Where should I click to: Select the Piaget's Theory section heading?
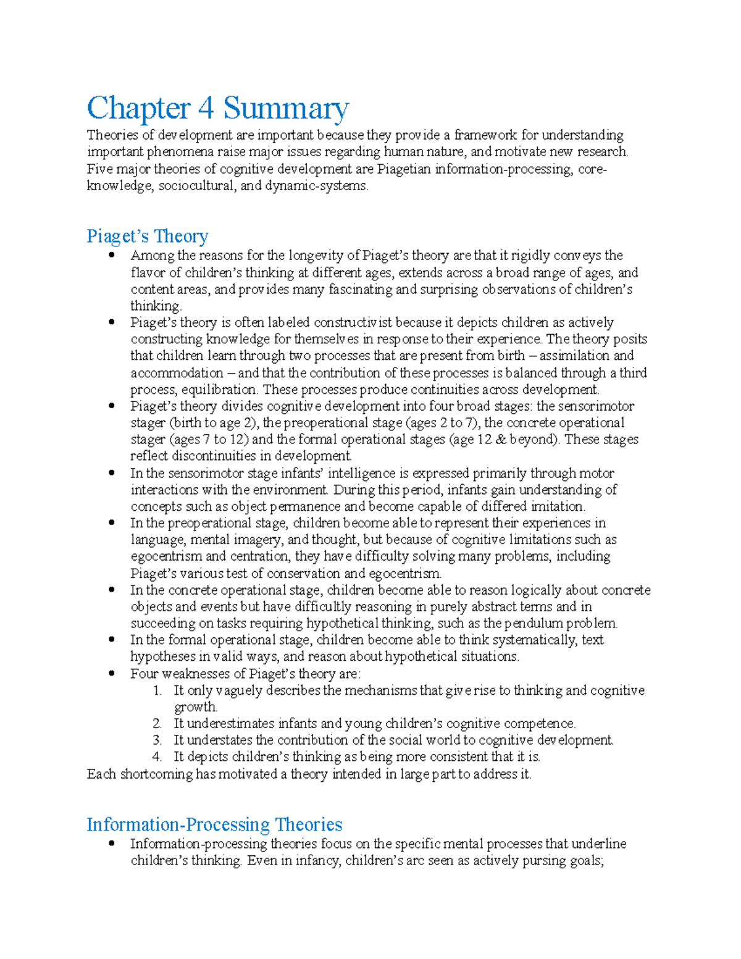click(x=147, y=236)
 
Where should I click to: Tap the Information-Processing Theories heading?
click(x=214, y=824)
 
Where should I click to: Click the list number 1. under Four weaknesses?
click(x=157, y=690)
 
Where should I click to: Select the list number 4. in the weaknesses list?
click(x=157, y=757)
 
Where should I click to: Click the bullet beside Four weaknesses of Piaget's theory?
click(x=111, y=673)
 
